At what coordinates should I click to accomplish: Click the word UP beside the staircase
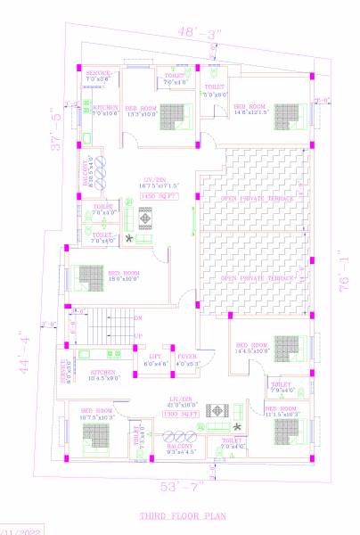coord(137,335)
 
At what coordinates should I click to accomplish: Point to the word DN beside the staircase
coord(137,317)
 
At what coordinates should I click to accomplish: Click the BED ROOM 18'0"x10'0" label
coord(124,275)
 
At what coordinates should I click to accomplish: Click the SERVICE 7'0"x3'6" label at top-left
coord(98,76)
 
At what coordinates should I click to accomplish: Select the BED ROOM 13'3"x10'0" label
coord(141,110)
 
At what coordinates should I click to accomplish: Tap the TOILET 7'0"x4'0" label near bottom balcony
coord(232,443)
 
